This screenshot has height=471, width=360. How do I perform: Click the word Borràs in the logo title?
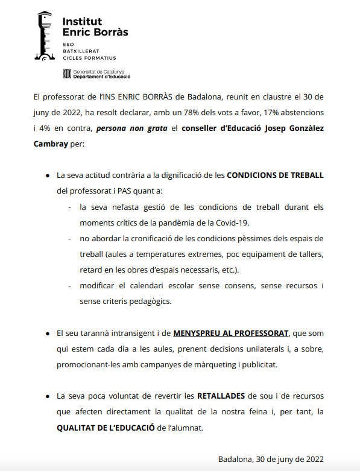click(x=109, y=32)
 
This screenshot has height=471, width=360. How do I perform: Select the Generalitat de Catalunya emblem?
click(x=67, y=74)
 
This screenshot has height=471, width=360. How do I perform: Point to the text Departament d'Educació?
click(x=101, y=77)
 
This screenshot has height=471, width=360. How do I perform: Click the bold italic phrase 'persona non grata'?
click(x=128, y=129)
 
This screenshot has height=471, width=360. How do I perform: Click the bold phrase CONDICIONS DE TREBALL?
click(x=275, y=175)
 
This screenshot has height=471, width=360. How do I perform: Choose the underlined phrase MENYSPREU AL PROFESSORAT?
click(x=231, y=333)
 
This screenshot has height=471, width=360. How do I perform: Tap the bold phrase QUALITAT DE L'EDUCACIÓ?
click(x=106, y=428)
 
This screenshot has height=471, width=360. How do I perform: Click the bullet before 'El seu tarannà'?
click(x=48, y=333)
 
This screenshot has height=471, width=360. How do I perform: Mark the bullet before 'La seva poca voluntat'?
click(x=48, y=397)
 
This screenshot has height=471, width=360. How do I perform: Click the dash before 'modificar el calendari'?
click(x=71, y=285)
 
